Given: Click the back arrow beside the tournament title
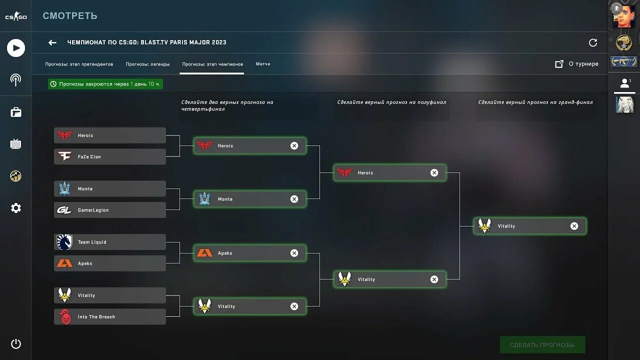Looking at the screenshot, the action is pos(52,42).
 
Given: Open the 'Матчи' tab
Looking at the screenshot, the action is pos(263,64).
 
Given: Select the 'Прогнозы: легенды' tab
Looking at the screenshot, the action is pos(147,64).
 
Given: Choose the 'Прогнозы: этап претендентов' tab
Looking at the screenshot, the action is pos(79,64).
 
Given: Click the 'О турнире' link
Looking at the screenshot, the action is pos(577,64).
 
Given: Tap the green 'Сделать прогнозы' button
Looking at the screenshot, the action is pos(542,345).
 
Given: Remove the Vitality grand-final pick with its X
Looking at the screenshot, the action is pos(574,226).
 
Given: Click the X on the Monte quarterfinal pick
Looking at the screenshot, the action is pos(294,199).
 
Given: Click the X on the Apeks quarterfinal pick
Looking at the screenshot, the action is pos(294,253).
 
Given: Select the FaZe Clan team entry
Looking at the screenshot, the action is pos(109,156).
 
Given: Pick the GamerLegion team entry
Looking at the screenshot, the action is pos(109,210).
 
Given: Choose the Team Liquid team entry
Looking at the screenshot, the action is pos(109,242).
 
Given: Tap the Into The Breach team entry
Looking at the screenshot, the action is pos(109,316).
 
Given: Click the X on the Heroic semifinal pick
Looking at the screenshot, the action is pos(434,172).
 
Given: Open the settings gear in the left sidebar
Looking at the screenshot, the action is pos(16,208).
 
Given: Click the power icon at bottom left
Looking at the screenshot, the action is pos(16,343).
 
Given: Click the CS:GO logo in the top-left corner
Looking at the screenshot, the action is pos(16,17).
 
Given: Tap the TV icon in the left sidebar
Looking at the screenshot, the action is pos(16,144).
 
